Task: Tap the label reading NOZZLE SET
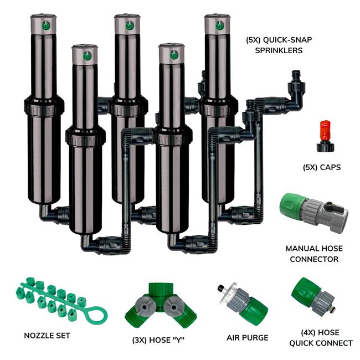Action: click(47, 336)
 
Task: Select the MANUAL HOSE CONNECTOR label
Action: click(312, 254)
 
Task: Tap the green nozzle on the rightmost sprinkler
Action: click(219, 25)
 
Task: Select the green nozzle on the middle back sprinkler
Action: click(129, 25)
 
